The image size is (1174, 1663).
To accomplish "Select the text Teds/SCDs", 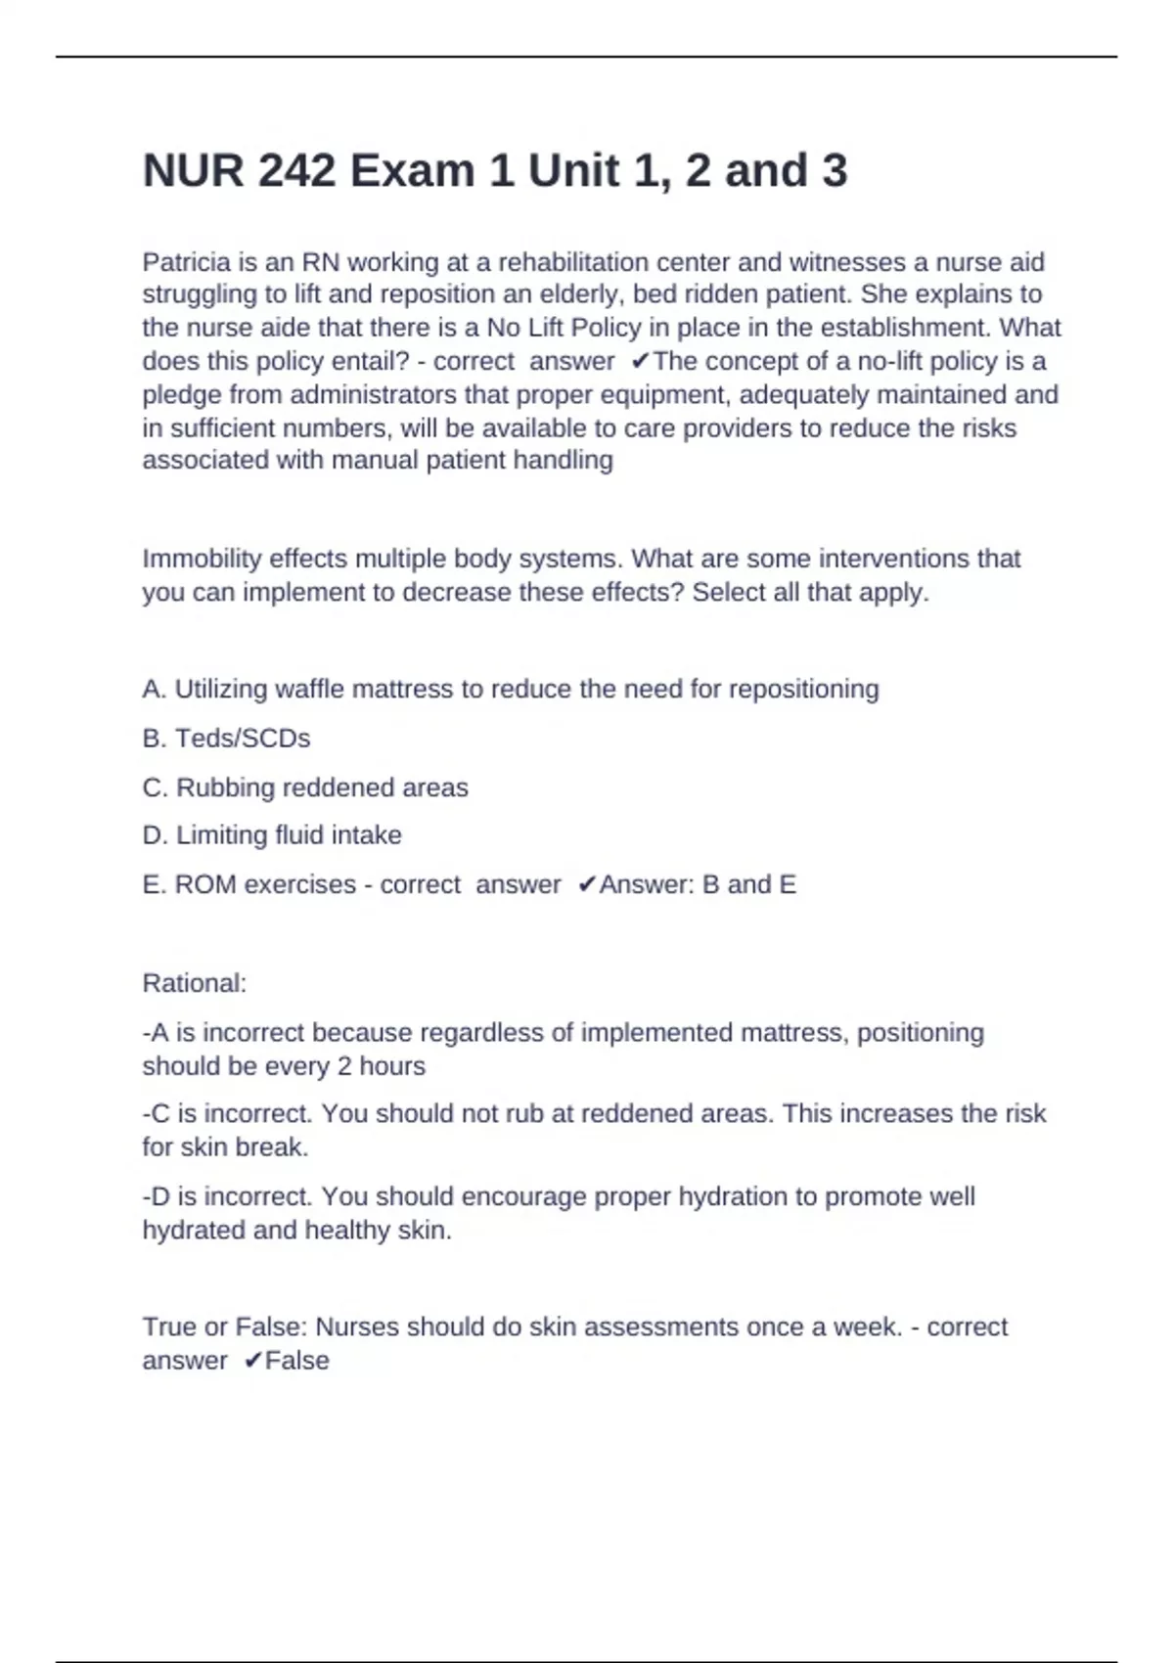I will pyautogui.click(x=242, y=739).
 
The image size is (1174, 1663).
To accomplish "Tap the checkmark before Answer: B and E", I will pyautogui.click(x=587, y=885).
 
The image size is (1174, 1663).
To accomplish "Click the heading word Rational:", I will pyautogui.click(x=195, y=983).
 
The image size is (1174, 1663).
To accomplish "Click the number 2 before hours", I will pyautogui.click(x=344, y=1066).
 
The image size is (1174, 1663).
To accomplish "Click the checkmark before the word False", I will pyautogui.click(x=252, y=1361).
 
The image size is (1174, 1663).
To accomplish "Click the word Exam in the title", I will pyautogui.click(x=412, y=171).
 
